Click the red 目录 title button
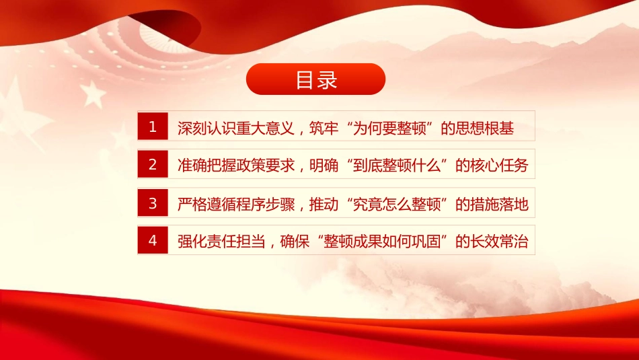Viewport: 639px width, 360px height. [x=315, y=79]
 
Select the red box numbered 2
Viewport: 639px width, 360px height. [x=153, y=164]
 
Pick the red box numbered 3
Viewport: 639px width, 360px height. [x=153, y=203]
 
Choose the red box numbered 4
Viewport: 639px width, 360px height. [x=153, y=241]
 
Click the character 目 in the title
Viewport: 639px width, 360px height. [x=305, y=79]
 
